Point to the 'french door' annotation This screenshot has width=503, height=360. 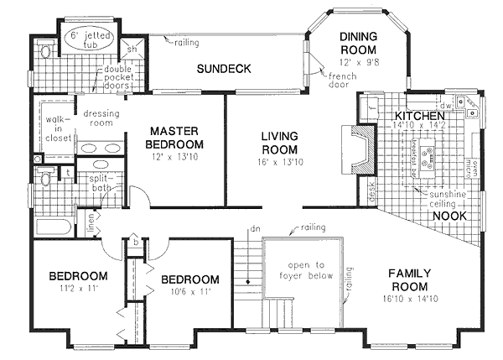[x=332, y=80]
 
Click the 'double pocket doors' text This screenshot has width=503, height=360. [x=122, y=76]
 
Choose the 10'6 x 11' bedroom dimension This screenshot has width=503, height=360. [x=190, y=293]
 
